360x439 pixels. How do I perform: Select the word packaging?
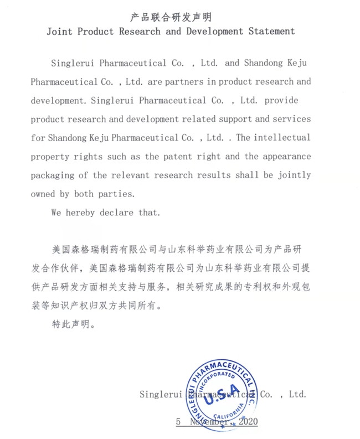tap(54, 175)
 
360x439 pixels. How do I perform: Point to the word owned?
tap(44, 194)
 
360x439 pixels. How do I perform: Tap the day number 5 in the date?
tap(178, 421)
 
